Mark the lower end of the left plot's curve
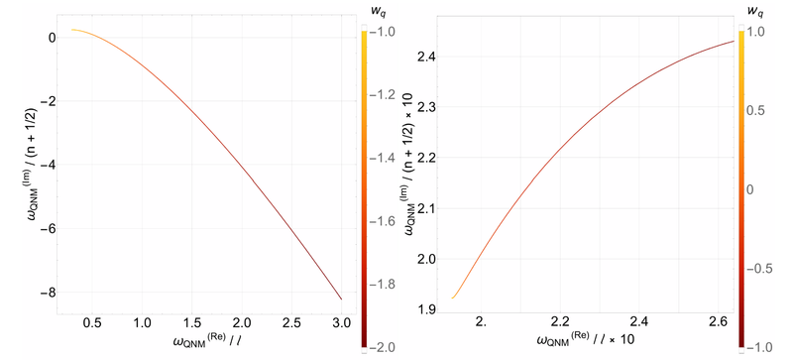341,299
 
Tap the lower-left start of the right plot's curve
453,298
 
